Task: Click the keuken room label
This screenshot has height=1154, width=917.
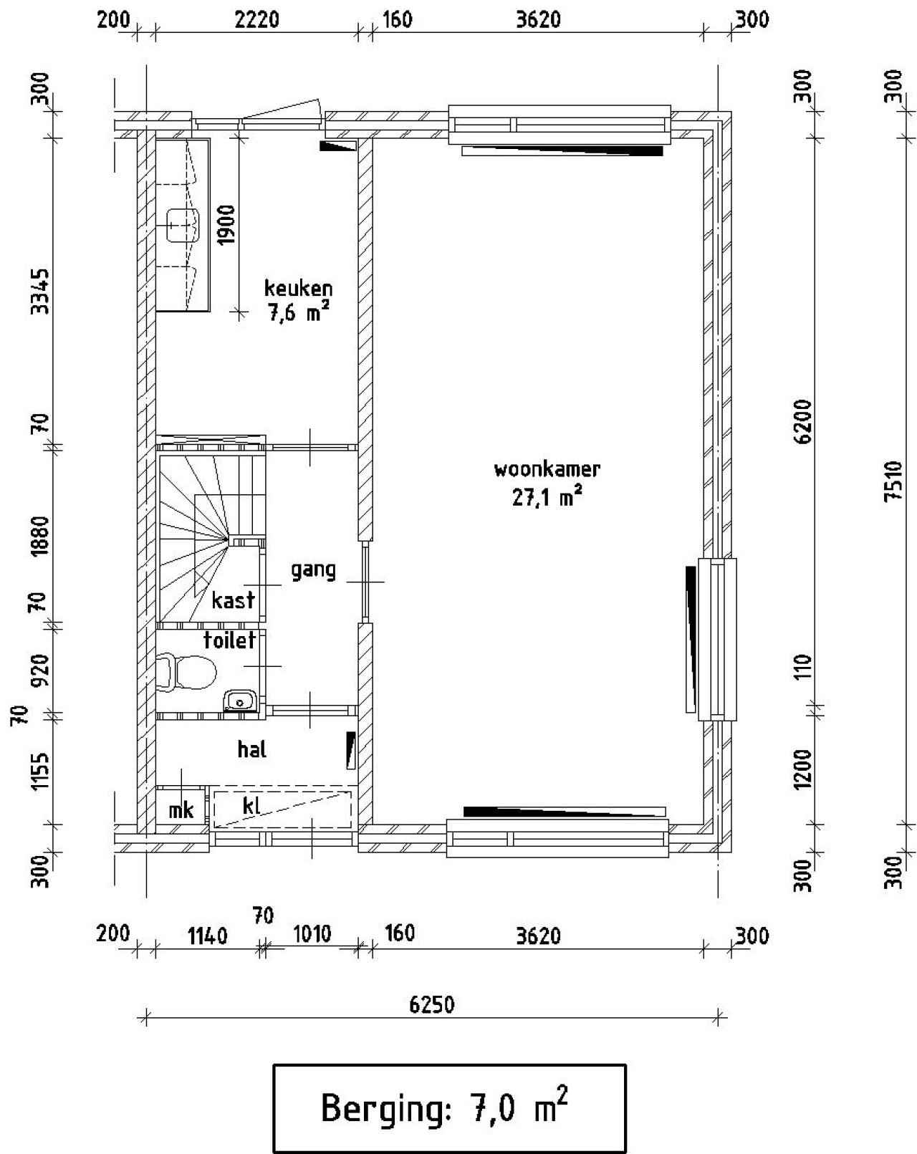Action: (298, 289)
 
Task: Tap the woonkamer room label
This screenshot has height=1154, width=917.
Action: (547, 469)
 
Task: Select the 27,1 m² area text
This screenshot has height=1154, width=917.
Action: (547, 496)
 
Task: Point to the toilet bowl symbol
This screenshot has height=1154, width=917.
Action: (186, 671)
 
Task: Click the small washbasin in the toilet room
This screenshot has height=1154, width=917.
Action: (240, 701)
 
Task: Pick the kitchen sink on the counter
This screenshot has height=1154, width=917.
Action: (183, 226)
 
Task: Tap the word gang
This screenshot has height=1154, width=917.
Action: (314, 570)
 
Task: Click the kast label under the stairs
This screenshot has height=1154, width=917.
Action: (233, 600)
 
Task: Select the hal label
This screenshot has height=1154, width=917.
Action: (252, 749)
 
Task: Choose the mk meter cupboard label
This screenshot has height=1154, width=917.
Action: (181, 809)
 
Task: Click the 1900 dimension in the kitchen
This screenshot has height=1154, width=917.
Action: (227, 225)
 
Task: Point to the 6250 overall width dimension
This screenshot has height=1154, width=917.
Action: (432, 1004)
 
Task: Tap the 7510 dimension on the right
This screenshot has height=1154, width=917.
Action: (893, 481)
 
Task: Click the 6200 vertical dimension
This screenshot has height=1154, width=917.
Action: (803, 421)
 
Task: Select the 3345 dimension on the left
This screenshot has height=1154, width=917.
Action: (41, 292)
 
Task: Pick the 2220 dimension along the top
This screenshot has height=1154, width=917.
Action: (257, 20)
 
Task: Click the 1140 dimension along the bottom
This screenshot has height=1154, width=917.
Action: (208, 936)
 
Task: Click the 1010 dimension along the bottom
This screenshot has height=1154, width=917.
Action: (312, 933)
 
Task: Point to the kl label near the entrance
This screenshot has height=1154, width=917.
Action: (252, 805)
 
